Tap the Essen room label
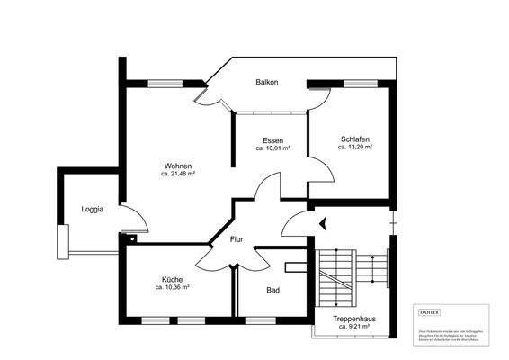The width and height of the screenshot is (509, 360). pos(273,140)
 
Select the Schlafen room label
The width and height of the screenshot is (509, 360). pos(355,139)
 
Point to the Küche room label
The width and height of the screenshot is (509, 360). pos(172,279)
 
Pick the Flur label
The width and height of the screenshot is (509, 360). pos(237,239)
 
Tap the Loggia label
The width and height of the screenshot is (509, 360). pos(93,209)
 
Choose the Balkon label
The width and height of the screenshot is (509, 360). pos(266,83)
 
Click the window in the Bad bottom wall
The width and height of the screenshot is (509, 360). pos(260,320)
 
